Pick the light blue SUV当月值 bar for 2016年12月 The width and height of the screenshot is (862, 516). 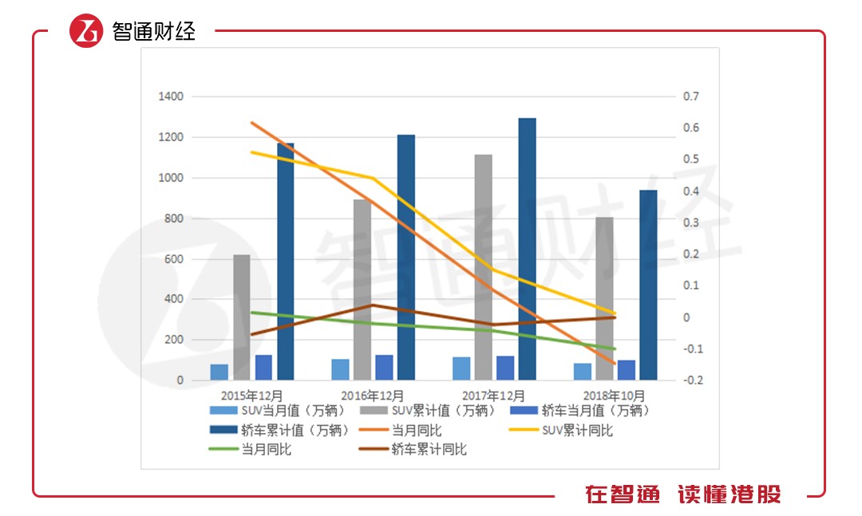tap(340, 369)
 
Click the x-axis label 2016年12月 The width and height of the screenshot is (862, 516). tap(372, 396)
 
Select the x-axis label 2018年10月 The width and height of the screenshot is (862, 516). tap(614, 396)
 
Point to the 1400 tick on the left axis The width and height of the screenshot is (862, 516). tap(172, 97)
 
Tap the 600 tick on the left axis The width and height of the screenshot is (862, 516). tap(174, 259)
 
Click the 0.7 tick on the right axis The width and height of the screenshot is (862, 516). tap(690, 97)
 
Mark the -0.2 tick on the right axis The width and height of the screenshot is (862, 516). tap(693, 380)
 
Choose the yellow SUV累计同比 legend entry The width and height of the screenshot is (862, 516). tap(575, 431)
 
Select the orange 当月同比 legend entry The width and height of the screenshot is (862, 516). tap(416, 431)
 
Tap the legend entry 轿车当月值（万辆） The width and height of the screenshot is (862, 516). tap(595, 412)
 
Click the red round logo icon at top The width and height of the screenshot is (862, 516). tap(86, 31)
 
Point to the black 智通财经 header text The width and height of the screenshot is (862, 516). tap(153, 32)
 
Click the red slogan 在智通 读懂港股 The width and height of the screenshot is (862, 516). tap(682, 494)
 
